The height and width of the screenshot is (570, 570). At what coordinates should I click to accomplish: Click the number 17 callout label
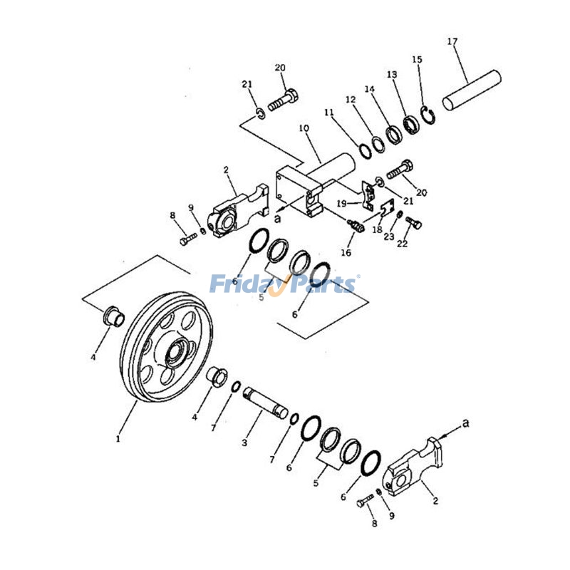(x=452, y=41)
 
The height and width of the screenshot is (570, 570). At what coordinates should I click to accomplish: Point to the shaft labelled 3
(x=264, y=402)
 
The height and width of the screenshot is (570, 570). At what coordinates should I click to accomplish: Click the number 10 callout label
(x=304, y=128)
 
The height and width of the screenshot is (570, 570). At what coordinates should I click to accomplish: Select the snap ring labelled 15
(x=427, y=115)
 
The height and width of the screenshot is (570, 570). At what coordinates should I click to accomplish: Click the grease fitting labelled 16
(x=356, y=227)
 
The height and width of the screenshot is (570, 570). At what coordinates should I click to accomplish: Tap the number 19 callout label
(x=341, y=204)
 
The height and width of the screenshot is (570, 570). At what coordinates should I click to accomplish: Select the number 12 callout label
(x=350, y=100)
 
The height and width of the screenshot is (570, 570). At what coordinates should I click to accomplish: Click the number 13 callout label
(x=392, y=74)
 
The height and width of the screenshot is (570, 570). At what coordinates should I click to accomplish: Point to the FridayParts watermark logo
(x=285, y=284)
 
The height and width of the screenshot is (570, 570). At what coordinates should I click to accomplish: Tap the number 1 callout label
(x=118, y=439)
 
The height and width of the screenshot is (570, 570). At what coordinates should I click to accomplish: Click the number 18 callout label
(x=377, y=229)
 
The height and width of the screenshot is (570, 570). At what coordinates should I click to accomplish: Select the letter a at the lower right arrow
(x=466, y=423)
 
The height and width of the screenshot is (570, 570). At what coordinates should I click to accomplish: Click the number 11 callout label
(x=328, y=113)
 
